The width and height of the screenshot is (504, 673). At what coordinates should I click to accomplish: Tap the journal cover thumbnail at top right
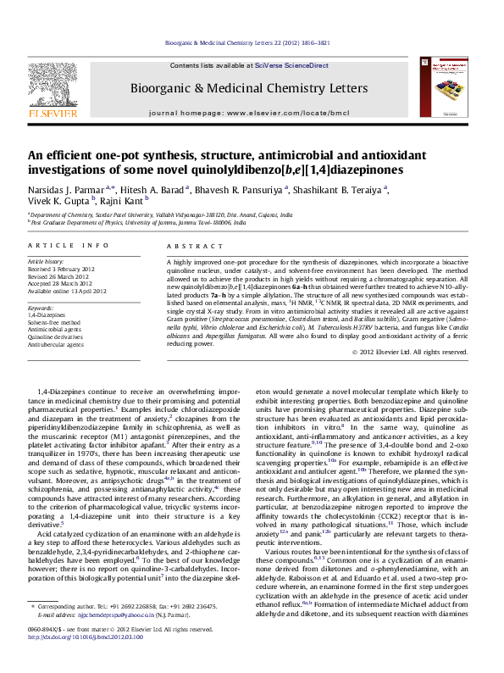point(445,87)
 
